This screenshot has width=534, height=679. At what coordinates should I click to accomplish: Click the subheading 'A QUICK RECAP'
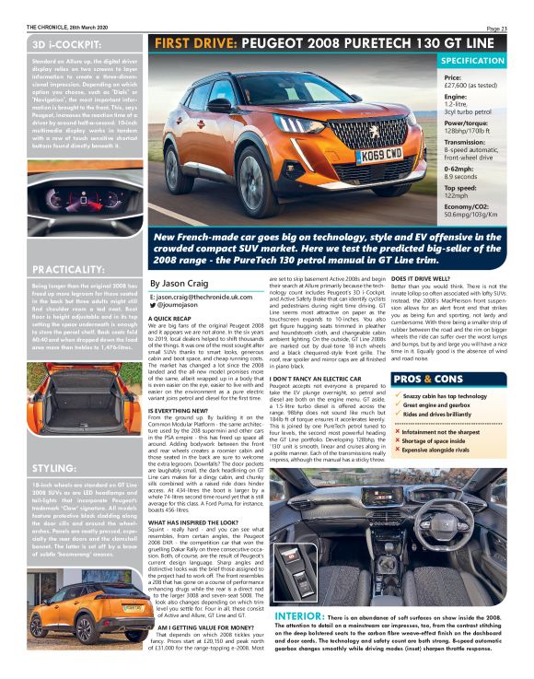(171, 318)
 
